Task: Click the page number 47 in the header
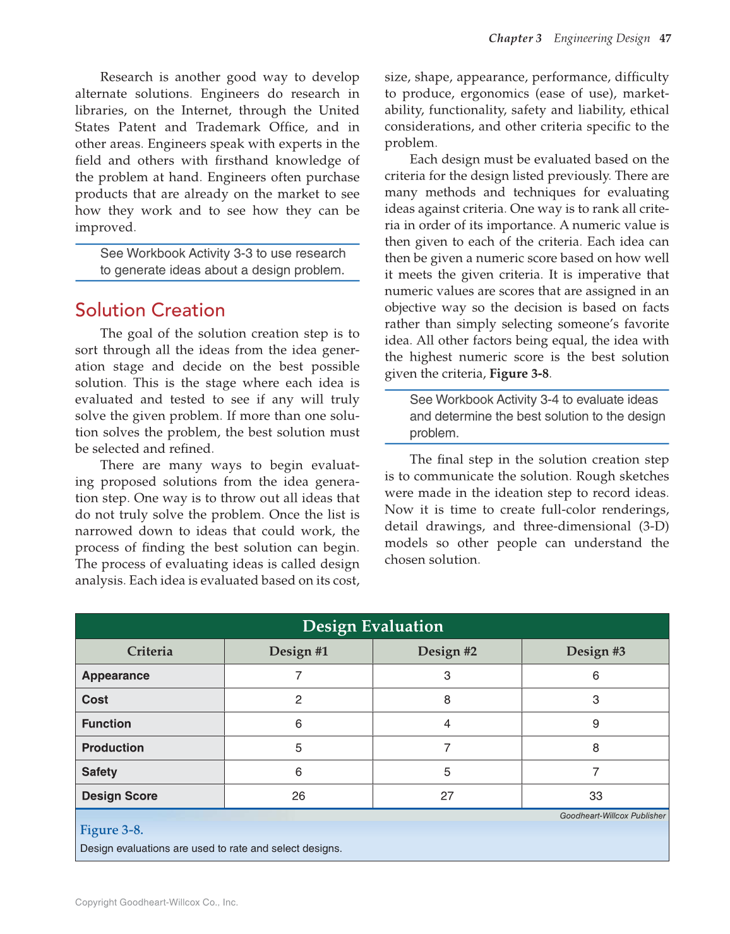tap(665, 39)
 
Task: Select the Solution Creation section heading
tap(150, 310)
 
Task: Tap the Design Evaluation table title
tap(373, 626)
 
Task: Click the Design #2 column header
tap(447, 651)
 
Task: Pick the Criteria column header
tap(150, 651)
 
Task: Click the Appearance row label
tap(116, 676)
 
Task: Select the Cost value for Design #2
tap(447, 700)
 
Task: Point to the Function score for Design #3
tap(595, 724)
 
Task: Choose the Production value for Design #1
tap(299, 748)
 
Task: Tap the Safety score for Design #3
tap(595, 772)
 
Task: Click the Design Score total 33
tap(595, 796)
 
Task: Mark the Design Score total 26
tap(299, 796)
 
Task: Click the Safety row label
tap(99, 772)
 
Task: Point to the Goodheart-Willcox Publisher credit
tap(613, 816)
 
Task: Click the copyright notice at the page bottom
tap(157, 902)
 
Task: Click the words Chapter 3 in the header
tap(515, 39)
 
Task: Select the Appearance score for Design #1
tap(299, 676)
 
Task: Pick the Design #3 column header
tap(595, 651)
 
